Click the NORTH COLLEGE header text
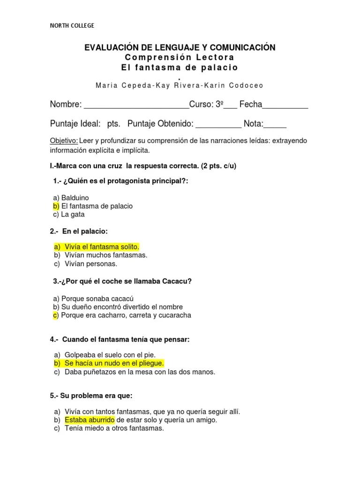72,25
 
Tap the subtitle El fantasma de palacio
180,67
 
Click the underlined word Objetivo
64,141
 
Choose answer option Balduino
75,198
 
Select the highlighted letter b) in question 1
56,206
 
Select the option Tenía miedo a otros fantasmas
114,428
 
